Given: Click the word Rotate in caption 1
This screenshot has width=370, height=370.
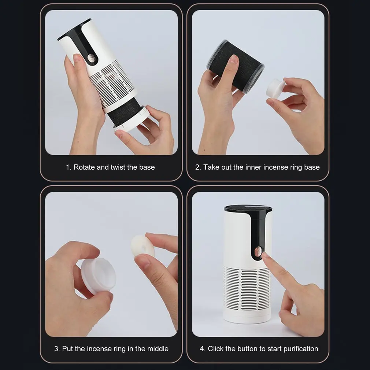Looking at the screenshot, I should (84, 167).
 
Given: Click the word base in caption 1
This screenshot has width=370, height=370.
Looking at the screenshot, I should (147, 167).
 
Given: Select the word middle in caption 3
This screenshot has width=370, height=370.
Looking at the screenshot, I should (158, 349).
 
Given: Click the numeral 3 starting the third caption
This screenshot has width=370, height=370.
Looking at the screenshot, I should (56, 349).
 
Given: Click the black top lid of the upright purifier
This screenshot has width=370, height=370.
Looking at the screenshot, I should (248, 208).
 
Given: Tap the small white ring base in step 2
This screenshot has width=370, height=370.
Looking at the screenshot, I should (275, 88).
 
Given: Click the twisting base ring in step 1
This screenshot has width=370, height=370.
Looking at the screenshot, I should (132, 119).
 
